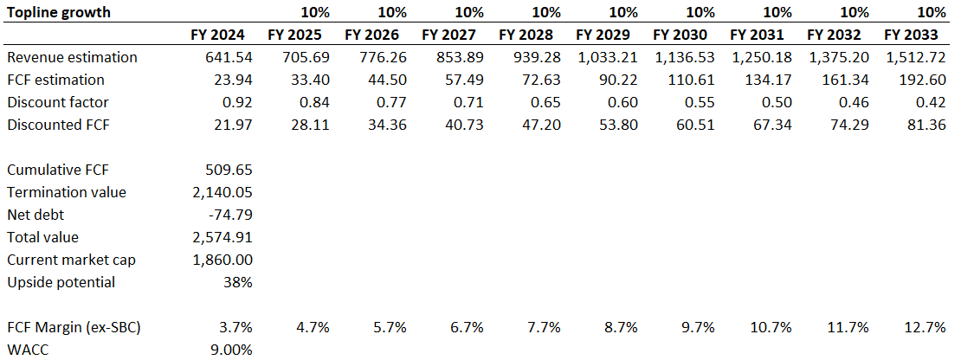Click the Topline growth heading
coord(60,13)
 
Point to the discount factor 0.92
coord(236,102)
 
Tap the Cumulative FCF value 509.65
coord(229,170)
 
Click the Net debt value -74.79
coord(230,215)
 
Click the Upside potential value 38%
coord(238,282)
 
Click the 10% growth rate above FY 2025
coord(315,13)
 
